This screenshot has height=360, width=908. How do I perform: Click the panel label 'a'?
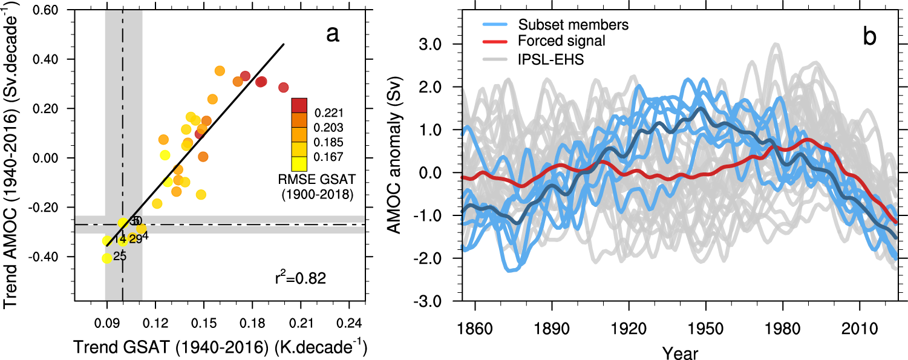(x=332, y=36)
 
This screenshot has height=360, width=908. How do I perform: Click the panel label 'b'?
(x=870, y=38)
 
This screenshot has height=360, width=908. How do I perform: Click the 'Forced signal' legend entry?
(x=562, y=41)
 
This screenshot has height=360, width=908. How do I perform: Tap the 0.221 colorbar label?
(x=329, y=113)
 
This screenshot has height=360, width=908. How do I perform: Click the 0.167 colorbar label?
(x=329, y=157)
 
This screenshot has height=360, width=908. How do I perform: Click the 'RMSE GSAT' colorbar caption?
(x=312, y=179)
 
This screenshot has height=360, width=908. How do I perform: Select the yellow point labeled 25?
(x=107, y=258)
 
